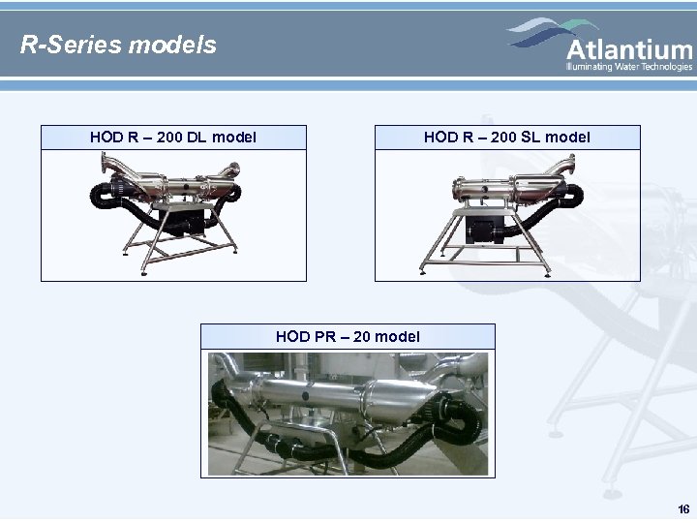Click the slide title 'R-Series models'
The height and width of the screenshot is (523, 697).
click(119, 45)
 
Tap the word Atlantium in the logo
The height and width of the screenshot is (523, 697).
click(629, 49)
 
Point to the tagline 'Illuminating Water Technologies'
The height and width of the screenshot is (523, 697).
click(629, 67)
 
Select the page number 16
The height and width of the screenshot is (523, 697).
click(683, 509)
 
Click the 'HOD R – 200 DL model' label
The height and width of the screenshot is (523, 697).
click(173, 138)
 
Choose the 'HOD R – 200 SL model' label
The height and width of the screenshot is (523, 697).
click(507, 138)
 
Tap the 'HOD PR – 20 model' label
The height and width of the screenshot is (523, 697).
click(348, 336)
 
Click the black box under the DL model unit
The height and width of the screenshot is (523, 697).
click(190, 224)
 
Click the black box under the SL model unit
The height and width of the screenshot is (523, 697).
click(483, 229)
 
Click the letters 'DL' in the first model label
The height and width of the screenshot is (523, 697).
click(197, 138)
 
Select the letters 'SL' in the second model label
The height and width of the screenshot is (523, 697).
click(530, 138)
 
